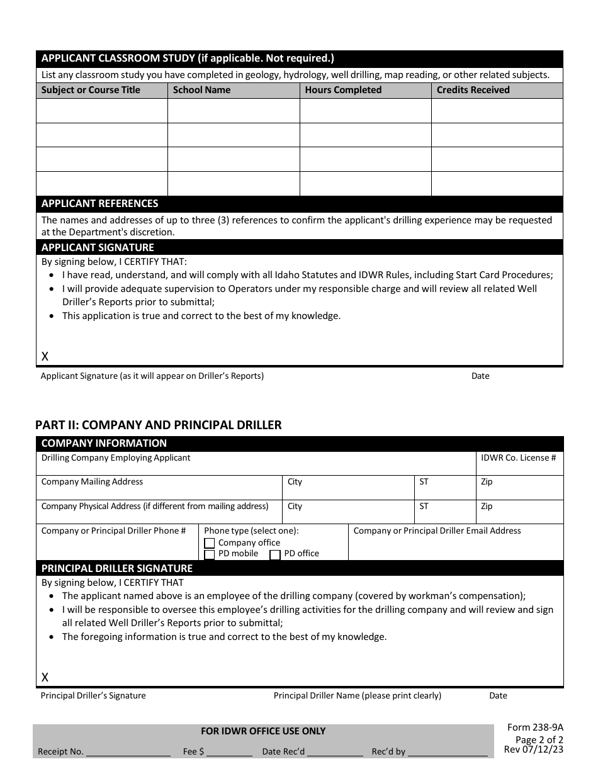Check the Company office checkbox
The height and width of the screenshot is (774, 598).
click(210, 543)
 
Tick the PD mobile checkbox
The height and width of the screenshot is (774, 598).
click(210, 554)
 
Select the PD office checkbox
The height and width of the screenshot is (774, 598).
click(275, 554)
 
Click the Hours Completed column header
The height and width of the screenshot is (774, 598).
click(343, 90)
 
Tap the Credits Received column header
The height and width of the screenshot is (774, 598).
click(473, 90)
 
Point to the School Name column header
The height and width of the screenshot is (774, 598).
click(201, 90)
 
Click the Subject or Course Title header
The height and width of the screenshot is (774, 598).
click(91, 90)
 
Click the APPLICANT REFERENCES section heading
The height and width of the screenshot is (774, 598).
click(99, 204)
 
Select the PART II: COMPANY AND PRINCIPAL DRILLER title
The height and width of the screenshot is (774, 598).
click(158, 425)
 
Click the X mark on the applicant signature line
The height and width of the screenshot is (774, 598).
click(45, 357)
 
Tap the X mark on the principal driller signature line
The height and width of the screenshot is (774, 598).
click(45, 678)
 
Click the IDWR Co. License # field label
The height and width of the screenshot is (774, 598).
click(518, 458)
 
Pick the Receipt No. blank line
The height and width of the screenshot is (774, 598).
click(128, 753)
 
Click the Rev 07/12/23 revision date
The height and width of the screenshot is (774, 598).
click(534, 749)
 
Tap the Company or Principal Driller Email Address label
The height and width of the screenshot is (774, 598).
click(437, 530)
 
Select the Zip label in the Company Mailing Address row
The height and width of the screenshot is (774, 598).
click(487, 482)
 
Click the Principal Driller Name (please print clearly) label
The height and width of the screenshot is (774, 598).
click(358, 695)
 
